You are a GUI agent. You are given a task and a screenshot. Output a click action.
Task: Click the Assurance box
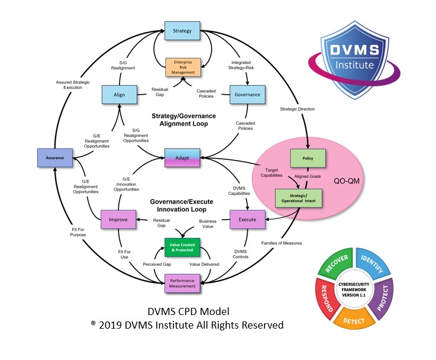(x=55, y=157)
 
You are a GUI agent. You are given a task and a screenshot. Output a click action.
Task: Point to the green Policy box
(x=307, y=159)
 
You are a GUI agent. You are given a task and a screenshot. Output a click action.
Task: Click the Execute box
(x=247, y=219)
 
